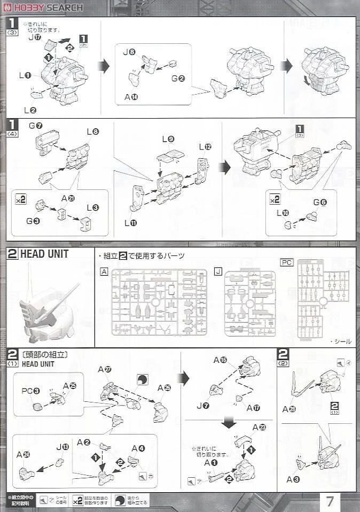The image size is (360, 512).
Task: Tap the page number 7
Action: [x=330, y=501]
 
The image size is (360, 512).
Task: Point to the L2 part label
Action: [x=30, y=110]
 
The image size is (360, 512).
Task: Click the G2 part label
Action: [x=178, y=79]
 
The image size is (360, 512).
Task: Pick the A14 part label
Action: [x=131, y=97]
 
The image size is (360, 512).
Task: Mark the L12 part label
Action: [x=205, y=146]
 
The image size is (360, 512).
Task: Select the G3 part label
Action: [x=40, y=220]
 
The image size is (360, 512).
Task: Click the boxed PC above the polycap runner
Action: [x=287, y=262]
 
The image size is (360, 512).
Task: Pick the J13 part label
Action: [x=62, y=447]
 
